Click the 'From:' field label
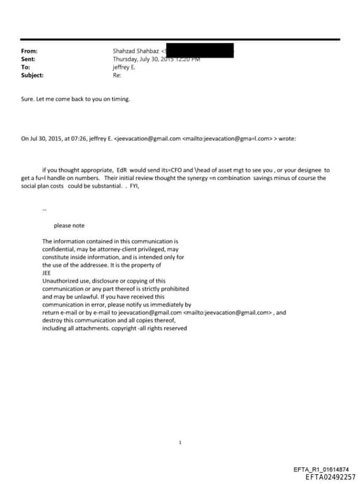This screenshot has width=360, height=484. click(30, 51)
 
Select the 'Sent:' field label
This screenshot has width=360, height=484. click(29, 59)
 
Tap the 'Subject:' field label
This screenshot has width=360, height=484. click(32, 75)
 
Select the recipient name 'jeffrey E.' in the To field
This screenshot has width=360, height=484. click(124, 67)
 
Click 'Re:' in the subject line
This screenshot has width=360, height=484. click(117, 75)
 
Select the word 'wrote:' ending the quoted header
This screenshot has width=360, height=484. click(287, 138)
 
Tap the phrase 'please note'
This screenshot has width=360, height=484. click(69, 225)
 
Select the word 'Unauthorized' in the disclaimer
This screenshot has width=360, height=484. click(60, 281)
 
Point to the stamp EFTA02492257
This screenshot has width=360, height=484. click(330, 476)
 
